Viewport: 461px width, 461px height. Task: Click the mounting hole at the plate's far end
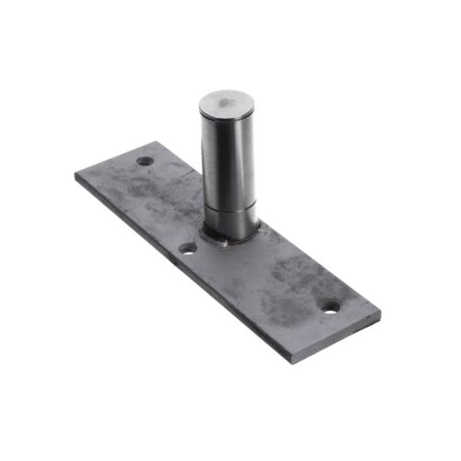pyautogui.click(x=145, y=161)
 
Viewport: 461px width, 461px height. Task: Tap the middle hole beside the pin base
pyautogui.click(x=187, y=248)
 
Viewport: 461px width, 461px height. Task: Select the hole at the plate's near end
pyautogui.click(x=330, y=307)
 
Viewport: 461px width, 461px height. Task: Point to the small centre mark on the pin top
pyautogui.click(x=224, y=98)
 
